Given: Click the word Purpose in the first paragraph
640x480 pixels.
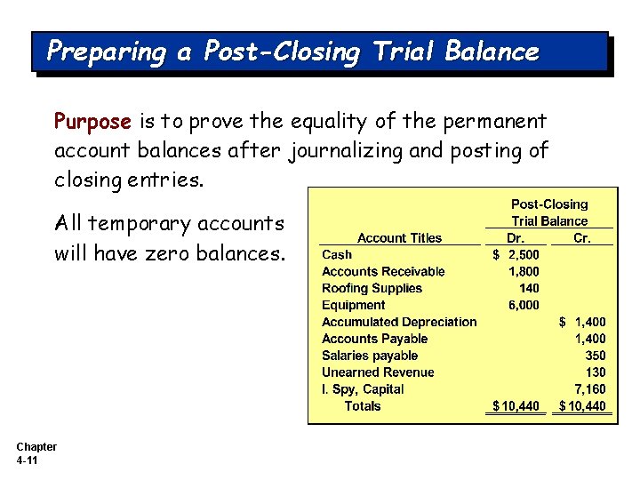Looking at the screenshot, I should [x=92, y=121].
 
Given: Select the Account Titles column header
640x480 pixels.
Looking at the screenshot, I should [x=399, y=237].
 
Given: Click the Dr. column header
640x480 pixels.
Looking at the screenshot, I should [x=515, y=237].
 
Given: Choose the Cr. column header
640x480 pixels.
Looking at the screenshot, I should [x=581, y=237].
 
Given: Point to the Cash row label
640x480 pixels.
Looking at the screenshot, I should [x=337, y=254].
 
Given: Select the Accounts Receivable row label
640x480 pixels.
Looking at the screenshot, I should [x=383, y=271].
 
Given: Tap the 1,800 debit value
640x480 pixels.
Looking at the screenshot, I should [x=523, y=271].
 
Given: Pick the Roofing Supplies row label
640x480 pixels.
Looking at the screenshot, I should [x=372, y=288].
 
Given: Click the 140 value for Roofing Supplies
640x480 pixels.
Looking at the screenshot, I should [x=529, y=288].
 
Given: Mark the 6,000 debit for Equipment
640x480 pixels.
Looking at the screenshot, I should [x=523, y=305].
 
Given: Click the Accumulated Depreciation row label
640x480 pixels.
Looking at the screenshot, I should [x=399, y=322].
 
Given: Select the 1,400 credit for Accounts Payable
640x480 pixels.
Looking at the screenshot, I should [x=590, y=339].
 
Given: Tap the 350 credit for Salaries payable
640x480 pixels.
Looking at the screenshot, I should [x=596, y=356].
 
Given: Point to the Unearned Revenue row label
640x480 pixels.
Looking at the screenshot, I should [x=378, y=372].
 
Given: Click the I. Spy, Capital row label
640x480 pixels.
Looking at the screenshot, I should [x=363, y=389].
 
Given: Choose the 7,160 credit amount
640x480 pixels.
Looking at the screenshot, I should [x=590, y=389].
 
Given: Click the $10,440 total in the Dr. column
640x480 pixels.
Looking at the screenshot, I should [x=516, y=406].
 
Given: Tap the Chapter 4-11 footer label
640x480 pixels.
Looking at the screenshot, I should [x=36, y=453].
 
